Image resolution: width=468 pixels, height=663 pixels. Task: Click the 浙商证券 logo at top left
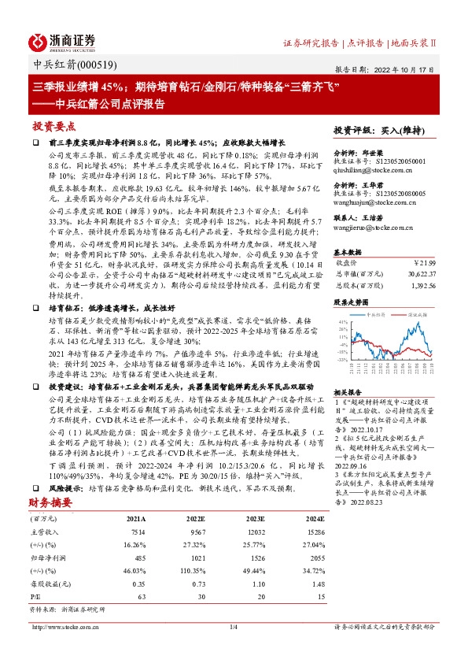point(62,41)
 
